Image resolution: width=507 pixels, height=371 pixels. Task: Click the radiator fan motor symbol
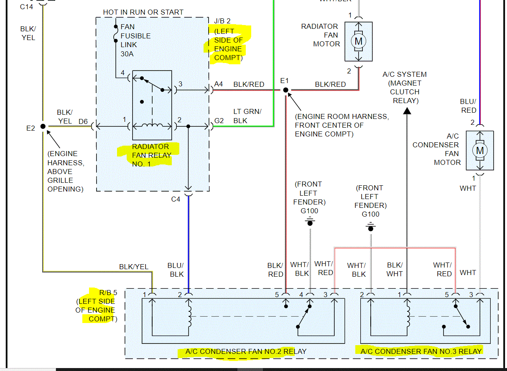tap(358, 41)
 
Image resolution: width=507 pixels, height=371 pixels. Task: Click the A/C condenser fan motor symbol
tap(480, 150)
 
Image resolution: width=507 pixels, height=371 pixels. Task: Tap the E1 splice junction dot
tap(285, 90)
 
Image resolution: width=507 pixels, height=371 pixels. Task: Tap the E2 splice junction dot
tap(43, 126)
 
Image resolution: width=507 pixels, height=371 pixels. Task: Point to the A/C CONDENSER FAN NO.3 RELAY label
tap(421, 351)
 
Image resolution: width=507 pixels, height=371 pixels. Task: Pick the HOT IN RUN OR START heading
tap(143, 12)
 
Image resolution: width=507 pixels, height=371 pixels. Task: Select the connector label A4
tap(219, 84)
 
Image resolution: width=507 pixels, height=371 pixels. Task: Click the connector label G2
tap(219, 121)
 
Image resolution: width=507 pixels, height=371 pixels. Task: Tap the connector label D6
tap(83, 121)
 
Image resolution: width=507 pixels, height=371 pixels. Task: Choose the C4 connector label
tap(176, 199)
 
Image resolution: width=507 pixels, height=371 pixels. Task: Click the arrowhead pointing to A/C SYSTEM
tap(406, 111)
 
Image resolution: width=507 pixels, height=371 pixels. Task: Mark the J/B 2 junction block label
tap(222, 21)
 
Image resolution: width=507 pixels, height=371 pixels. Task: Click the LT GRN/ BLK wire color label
tap(247, 116)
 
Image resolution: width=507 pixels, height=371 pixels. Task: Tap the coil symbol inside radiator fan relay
tap(152, 126)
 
